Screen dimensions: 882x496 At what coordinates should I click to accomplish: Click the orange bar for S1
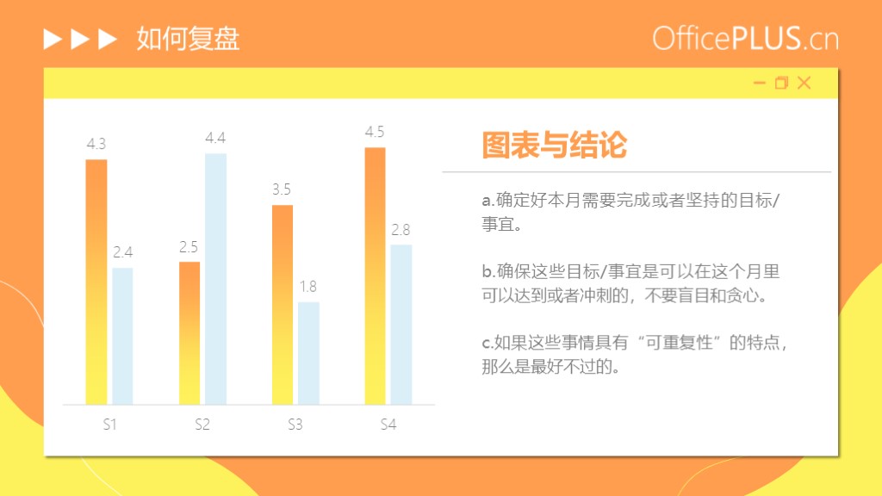tap(96, 282)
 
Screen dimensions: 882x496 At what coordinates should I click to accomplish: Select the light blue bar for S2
tap(215, 279)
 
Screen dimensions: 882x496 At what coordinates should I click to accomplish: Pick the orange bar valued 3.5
tap(283, 305)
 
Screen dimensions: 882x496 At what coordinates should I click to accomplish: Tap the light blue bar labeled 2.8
tap(401, 325)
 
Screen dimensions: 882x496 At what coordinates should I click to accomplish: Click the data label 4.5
tap(375, 132)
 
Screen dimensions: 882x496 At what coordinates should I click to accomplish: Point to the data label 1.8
tap(308, 287)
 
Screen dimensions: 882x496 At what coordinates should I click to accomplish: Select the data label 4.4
tap(215, 138)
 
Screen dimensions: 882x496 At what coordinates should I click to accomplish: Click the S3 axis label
tap(295, 425)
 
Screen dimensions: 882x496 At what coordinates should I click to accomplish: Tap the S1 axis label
tap(109, 425)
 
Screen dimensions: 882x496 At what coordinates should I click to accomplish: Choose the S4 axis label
tap(388, 425)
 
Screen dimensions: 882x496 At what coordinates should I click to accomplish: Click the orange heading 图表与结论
tap(554, 145)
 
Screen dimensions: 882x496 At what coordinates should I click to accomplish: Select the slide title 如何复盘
tap(188, 39)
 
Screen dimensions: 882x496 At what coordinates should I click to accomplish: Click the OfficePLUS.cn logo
tap(745, 38)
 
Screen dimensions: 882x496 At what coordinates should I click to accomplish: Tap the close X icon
tap(804, 83)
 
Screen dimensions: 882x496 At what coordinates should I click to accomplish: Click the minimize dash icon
tap(760, 84)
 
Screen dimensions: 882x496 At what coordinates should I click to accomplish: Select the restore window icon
tap(781, 83)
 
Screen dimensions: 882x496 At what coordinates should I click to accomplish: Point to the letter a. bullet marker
tap(488, 200)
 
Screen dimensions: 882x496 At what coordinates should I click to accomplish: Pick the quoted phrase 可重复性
tap(680, 343)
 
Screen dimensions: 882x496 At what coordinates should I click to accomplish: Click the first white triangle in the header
tap(53, 39)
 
